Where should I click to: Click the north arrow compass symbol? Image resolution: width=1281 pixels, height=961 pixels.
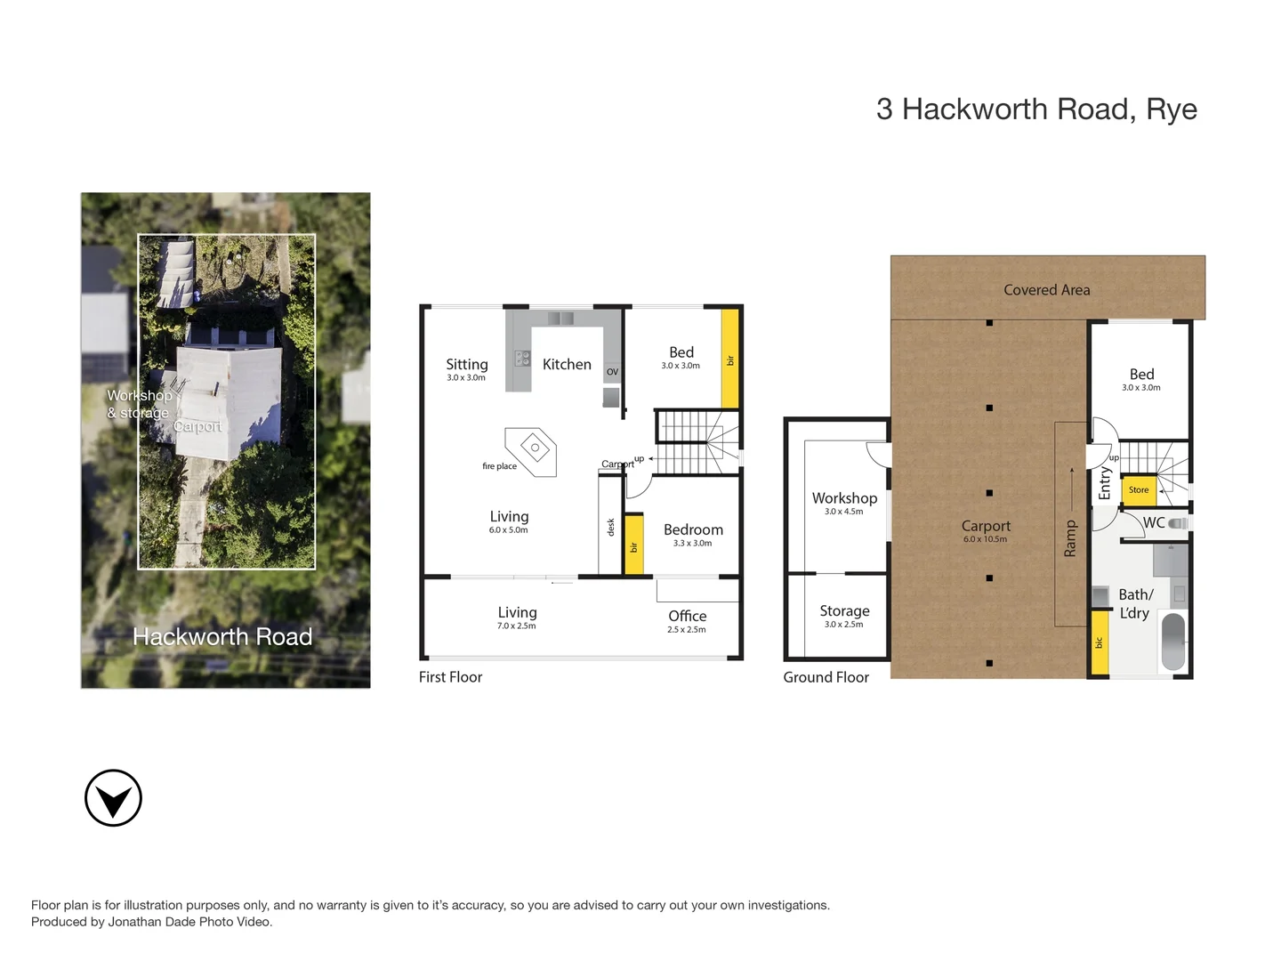pos(113,798)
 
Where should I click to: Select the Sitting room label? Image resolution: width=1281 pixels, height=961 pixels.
pos(466,364)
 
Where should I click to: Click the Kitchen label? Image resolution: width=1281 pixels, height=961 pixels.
pos(567,364)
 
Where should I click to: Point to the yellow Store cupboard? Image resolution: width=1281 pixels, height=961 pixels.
pos(1139,490)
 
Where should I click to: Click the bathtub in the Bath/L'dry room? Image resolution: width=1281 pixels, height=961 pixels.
pos(1173,641)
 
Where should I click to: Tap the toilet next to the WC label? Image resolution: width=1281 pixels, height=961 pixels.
pos(1178,523)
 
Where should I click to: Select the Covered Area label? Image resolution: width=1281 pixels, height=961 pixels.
pos(1046,290)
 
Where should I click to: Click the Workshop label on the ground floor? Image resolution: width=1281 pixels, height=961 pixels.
pos(844,498)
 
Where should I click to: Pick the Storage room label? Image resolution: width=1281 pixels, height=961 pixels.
pos(844,611)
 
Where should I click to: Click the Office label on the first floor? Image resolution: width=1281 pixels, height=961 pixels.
pos(687,616)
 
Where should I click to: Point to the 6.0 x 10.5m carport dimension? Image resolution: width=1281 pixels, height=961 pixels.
pos(985,539)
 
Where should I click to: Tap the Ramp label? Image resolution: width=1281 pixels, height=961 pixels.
pos(1070,539)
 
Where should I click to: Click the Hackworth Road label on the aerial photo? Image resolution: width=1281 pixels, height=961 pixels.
pos(222,637)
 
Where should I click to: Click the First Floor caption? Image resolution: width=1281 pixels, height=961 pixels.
pos(450,677)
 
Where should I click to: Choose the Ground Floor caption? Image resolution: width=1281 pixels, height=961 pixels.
pos(826,677)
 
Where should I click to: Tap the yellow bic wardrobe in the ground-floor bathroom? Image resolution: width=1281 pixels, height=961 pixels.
pos(1100,642)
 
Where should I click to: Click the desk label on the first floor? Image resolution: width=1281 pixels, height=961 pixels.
pos(610,527)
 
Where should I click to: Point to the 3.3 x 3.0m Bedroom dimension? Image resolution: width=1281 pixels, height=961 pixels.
pos(692,544)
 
